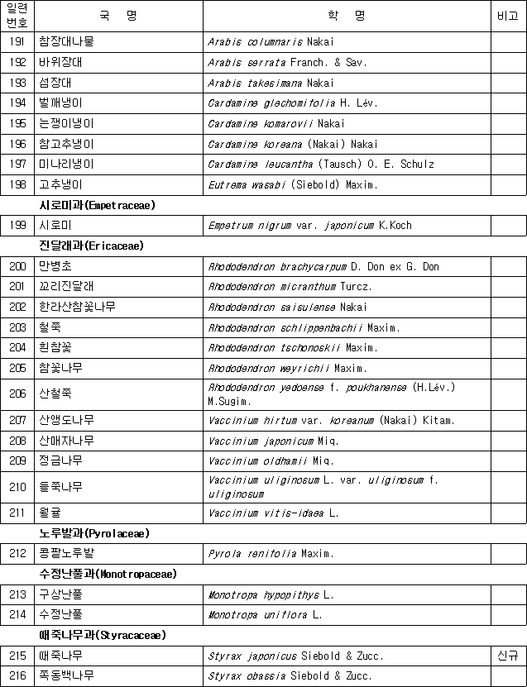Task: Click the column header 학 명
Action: pyautogui.click(x=346, y=16)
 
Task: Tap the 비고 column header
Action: pyautogui.click(x=508, y=16)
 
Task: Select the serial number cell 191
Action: pyautogui.click(x=17, y=41)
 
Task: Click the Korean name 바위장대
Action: pyautogui.click(x=60, y=62)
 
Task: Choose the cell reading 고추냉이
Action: pyautogui.click(x=60, y=184)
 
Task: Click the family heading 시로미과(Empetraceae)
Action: pyautogui.click(x=98, y=205)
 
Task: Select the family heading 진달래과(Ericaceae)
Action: pyautogui.click(x=91, y=246)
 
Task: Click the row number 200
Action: pyautogui.click(x=17, y=266)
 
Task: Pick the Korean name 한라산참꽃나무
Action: pyautogui.click(x=77, y=307)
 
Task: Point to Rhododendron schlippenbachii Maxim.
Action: pyautogui.click(x=304, y=327)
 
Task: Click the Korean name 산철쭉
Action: pyautogui.click(x=55, y=394)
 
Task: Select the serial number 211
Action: pyautogui.click(x=17, y=513)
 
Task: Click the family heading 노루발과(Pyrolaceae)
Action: pyautogui.click(x=94, y=533)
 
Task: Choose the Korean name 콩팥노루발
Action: pyautogui.click(x=66, y=553)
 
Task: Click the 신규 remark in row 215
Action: pyautogui.click(x=508, y=656)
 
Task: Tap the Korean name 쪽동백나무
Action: pyautogui.click(x=66, y=675)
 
